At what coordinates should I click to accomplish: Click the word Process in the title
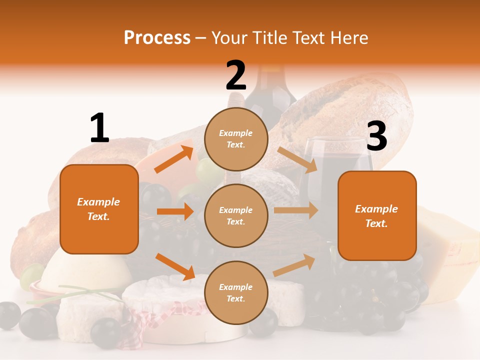point(157,38)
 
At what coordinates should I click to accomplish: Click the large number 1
point(99,128)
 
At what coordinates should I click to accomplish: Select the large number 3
point(376,136)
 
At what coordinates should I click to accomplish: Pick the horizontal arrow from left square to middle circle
point(175,212)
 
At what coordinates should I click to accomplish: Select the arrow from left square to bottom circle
point(175,266)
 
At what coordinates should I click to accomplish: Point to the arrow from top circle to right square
point(297,160)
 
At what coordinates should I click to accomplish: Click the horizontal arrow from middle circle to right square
point(295,210)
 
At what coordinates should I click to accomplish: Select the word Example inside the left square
point(98,202)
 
